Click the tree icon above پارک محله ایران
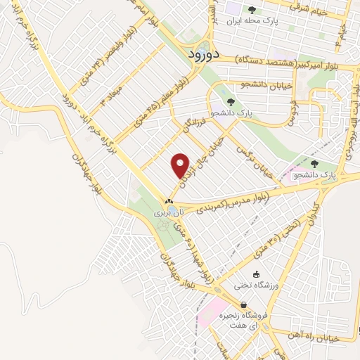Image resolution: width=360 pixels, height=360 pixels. click(x=252, y=9)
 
